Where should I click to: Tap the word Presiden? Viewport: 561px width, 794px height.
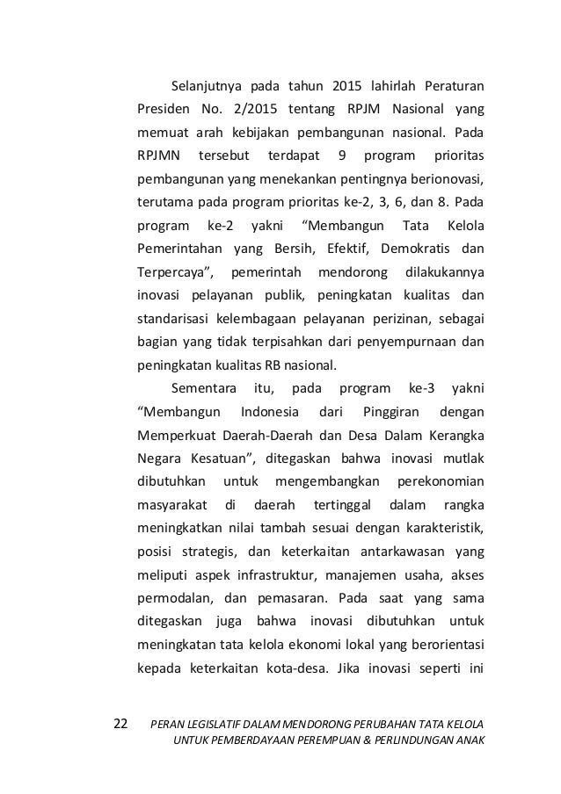pyautogui.click(x=161, y=112)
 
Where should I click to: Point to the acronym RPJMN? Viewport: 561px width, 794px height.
pyautogui.click(x=158, y=157)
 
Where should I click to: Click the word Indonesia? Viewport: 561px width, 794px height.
pyautogui.click(x=267, y=409)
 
